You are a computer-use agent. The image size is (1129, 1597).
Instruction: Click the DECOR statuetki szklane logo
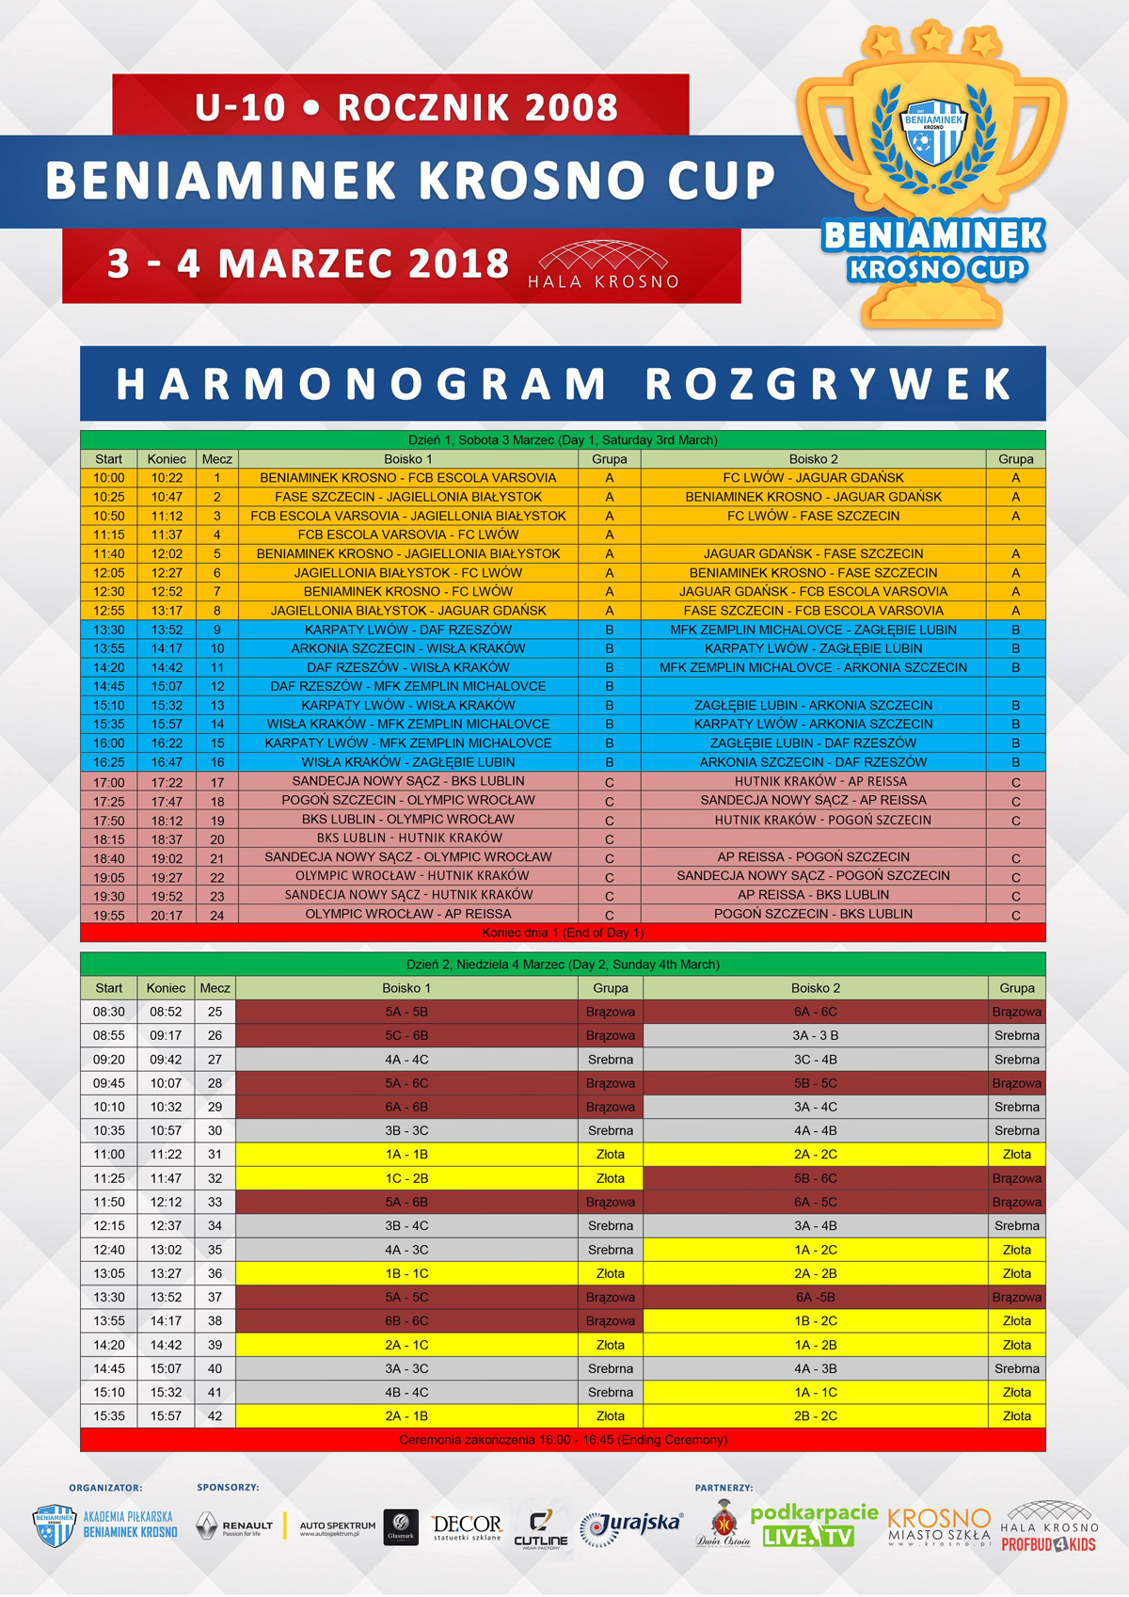click(467, 1525)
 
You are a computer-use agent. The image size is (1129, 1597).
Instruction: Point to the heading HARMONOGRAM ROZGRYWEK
click(563, 384)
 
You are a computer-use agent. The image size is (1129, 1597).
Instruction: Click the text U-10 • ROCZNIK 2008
click(405, 107)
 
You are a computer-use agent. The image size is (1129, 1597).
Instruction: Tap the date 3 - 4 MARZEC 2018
click(308, 264)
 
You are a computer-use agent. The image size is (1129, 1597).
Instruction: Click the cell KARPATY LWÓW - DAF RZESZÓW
click(408, 630)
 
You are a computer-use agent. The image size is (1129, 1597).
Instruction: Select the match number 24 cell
click(217, 915)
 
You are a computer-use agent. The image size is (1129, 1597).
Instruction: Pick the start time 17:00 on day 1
click(109, 782)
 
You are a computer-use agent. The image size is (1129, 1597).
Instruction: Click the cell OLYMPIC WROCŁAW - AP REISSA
click(408, 914)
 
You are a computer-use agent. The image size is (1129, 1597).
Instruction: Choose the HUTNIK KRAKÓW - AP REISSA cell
click(813, 781)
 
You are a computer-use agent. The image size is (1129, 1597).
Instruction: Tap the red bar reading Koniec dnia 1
click(563, 933)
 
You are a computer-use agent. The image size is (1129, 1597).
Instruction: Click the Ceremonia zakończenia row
click(563, 1440)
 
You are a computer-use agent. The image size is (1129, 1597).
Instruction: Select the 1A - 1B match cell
click(406, 1154)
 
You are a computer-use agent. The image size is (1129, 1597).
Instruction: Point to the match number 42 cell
click(215, 1415)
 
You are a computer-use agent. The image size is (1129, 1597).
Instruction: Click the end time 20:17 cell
click(167, 915)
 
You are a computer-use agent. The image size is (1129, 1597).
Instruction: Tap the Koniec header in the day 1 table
click(167, 459)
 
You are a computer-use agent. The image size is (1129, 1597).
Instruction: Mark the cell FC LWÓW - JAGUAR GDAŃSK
click(813, 478)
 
